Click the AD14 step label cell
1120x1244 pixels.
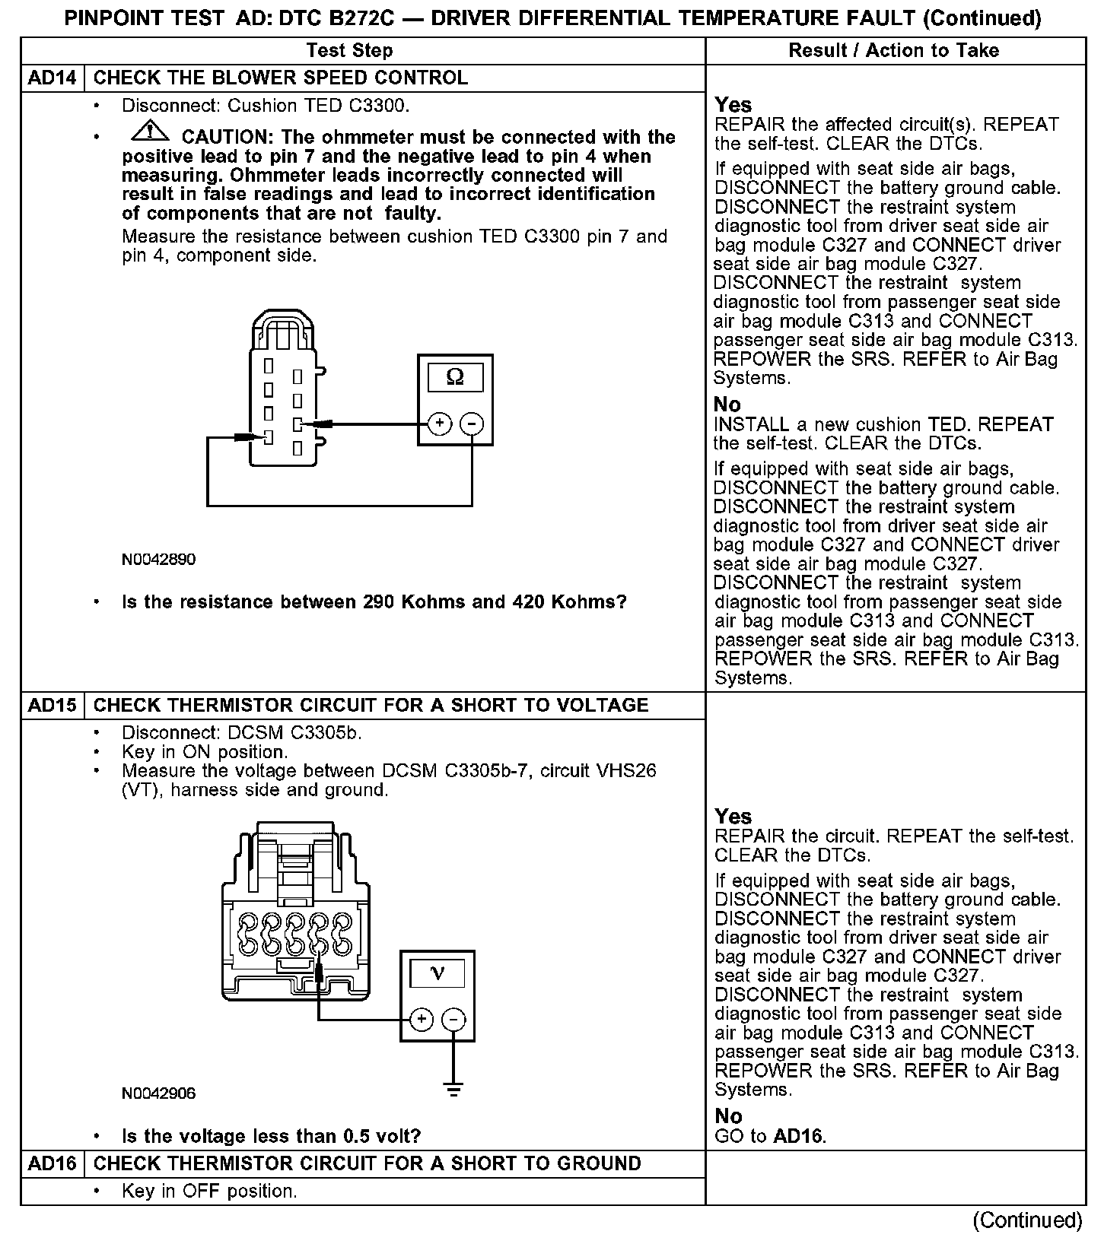pos(52,78)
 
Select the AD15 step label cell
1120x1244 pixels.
pos(52,706)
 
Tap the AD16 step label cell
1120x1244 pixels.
pos(52,1164)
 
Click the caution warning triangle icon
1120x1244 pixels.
pos(151,132)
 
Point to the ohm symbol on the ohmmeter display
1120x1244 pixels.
pos(455,377)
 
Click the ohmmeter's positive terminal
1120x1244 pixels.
pos(439,424)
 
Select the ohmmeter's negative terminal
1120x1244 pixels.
pos(473,424)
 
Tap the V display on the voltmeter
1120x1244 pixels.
pos(437,973)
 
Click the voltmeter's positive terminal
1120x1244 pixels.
pos(422,1020)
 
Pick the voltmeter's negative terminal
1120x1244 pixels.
pos(454,1020)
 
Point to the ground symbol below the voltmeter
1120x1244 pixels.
pos(454,1090)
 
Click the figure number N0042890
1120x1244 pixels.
pos(158,560)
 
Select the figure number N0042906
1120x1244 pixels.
pos(158,1093)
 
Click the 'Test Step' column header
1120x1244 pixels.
pos(349,51)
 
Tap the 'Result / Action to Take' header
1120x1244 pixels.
pos(893,51)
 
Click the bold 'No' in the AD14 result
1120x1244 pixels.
pos(727,405)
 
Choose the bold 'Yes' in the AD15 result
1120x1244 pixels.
pos(733,817)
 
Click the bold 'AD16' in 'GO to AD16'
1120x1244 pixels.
pos(798,1137)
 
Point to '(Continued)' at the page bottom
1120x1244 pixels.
pos(1027,1220)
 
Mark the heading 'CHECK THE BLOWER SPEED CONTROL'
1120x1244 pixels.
pos(281,78)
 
